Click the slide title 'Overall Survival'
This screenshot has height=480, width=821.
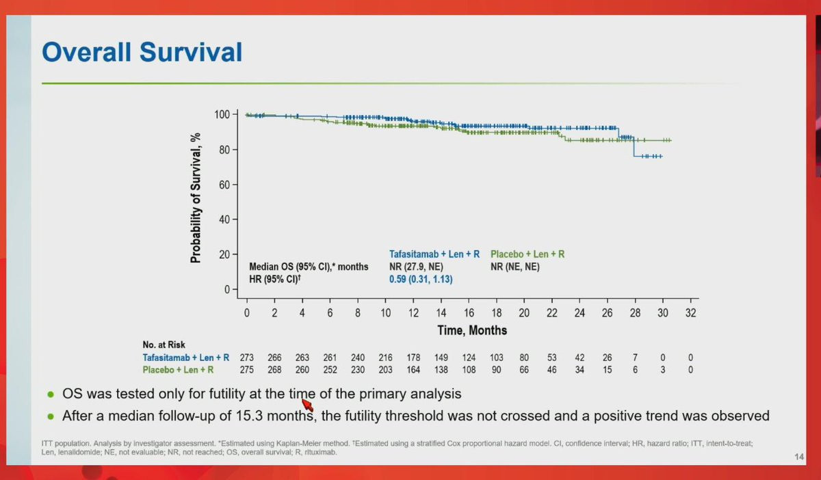click(142, 53)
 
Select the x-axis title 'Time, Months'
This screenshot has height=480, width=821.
click(472, 330)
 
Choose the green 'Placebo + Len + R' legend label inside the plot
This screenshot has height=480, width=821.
click(527, 254)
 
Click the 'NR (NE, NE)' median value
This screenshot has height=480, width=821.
click(515, 267)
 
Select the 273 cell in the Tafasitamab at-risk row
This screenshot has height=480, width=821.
click(247, 357)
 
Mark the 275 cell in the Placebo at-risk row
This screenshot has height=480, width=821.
click(247, 370)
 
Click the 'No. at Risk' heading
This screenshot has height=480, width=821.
click(164, 345)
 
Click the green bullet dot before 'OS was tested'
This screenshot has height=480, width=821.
click(51, 395)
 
